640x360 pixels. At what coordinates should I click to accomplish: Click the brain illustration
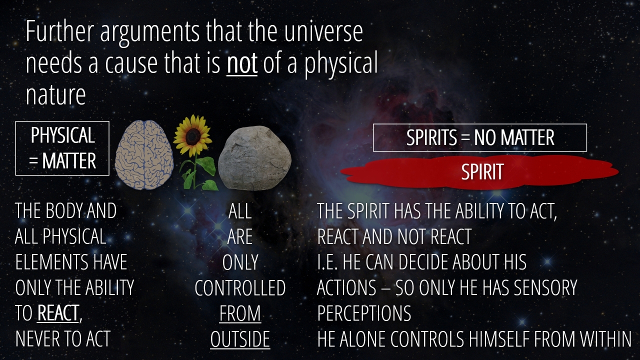(144, 154)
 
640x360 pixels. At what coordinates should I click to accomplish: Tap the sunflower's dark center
(193, 136)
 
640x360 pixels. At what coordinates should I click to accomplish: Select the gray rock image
(254, 157)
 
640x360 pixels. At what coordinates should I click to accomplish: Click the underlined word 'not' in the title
(242, 63)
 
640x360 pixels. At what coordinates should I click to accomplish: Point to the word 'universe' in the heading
(323, 31)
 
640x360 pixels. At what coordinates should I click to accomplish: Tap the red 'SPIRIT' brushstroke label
(480, 172)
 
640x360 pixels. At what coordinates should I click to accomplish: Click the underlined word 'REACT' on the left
(58, 313)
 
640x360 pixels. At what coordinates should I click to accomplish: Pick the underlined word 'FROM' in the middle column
(240, 313)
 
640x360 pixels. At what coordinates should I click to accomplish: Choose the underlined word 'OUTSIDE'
(240, 339)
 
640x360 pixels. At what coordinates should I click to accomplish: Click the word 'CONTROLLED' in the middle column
(240, 287)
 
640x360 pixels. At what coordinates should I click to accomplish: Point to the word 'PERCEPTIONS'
(364, 313)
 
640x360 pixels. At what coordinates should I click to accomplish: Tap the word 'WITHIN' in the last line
(602, 339)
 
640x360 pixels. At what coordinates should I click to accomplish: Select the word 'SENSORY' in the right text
(545, 287)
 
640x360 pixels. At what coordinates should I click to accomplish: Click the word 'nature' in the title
(55, 95)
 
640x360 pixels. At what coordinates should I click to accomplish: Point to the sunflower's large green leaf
(206, 165)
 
